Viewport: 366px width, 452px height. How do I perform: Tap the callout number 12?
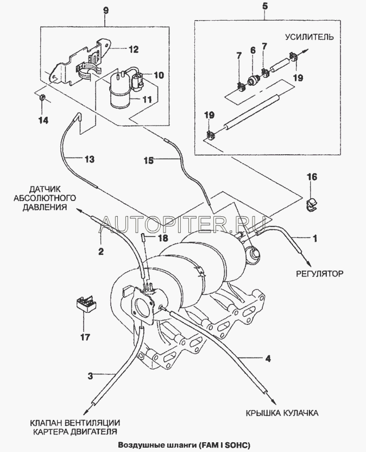click(x=133, y=49)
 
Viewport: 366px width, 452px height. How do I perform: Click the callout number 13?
click(x=89, y=159)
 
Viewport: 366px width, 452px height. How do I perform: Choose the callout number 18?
click(x=161, y=238)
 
